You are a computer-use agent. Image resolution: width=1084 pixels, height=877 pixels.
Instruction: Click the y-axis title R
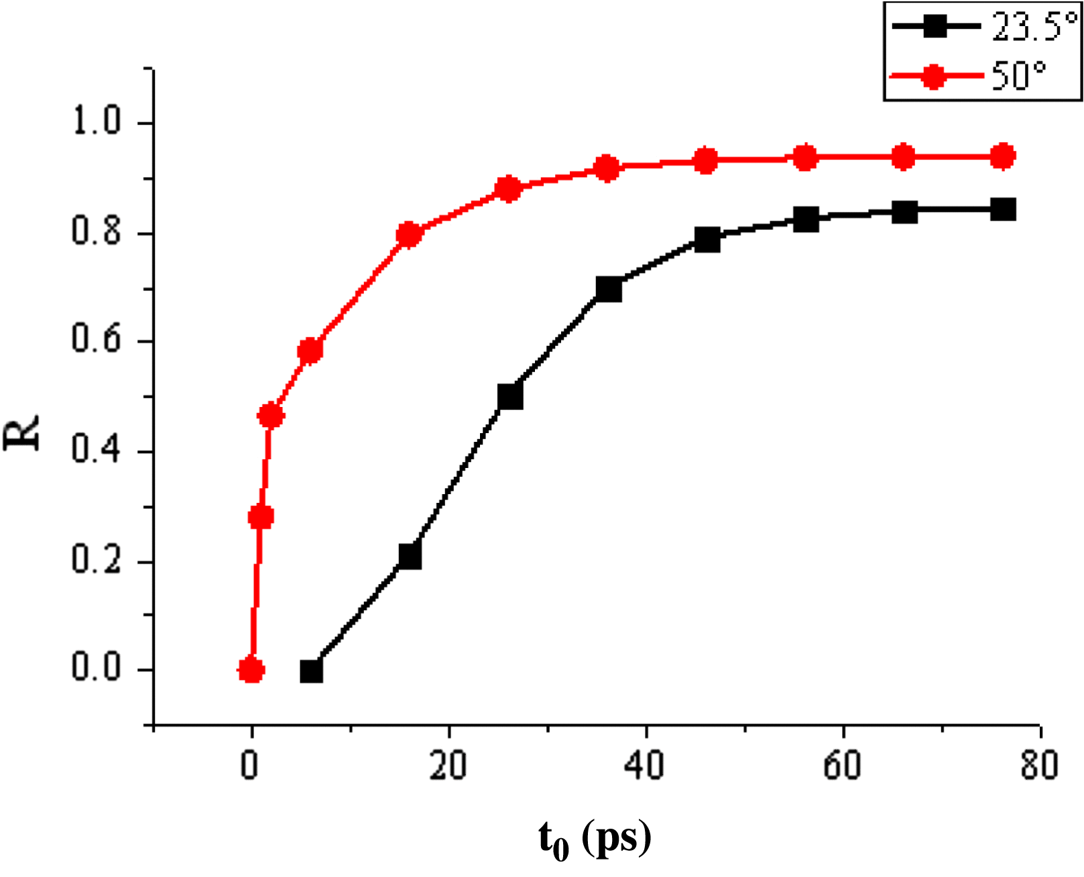(x=22, y=432)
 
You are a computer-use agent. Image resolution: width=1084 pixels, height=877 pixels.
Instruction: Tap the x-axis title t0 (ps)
(x=594, y=840)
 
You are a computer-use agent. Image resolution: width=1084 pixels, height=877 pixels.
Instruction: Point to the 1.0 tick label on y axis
(x=96, y=122)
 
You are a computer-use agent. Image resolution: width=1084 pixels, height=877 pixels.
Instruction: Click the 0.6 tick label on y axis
(x=96, y=340)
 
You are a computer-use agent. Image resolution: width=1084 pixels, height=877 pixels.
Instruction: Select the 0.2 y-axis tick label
(x=96, y=559)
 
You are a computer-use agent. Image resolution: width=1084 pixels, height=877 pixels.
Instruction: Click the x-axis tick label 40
(x=644, y=765)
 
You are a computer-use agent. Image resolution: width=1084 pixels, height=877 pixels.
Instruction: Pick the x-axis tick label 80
(x=1039, y=765)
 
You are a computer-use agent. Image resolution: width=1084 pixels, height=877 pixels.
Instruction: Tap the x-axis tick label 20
(x=448, y=765)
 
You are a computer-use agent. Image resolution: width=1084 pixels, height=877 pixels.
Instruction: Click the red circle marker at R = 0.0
(x=251, y=670)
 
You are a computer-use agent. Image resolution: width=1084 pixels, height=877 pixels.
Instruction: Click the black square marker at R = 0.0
(x=311, y=671)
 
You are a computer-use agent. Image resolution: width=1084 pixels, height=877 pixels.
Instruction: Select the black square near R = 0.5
(x=510, y=397)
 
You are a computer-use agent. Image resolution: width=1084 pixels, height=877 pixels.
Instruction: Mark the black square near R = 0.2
(x=410, y=557)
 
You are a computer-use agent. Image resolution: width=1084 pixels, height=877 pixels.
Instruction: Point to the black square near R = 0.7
(x=608, y=290)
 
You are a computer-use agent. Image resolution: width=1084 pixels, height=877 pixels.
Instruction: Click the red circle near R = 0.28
(x=261, y=516)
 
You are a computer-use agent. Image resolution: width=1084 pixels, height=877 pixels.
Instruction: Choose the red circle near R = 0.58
(x=310, y=351)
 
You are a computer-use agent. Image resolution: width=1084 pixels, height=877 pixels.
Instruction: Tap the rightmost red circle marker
(x=1002, y=157)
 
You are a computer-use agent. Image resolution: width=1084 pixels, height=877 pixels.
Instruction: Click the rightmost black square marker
(x=1003, y=210)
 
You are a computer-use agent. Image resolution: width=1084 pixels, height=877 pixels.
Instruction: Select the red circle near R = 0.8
(x=409, y=235)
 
